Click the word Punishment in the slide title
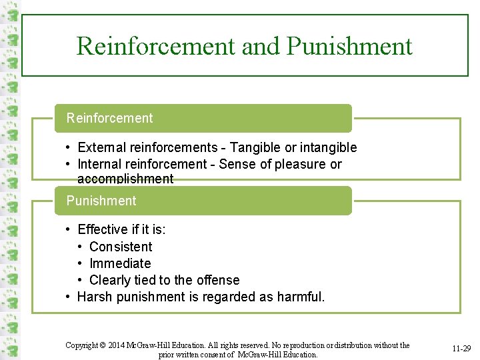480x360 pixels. [349, 46]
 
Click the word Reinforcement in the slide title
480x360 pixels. [156, 46]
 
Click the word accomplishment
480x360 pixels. [125, 179]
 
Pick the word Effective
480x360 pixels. [103, 230]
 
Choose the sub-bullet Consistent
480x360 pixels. [121, 247]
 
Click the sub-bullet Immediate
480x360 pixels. [120, 263]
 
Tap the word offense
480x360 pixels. [217, 280]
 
